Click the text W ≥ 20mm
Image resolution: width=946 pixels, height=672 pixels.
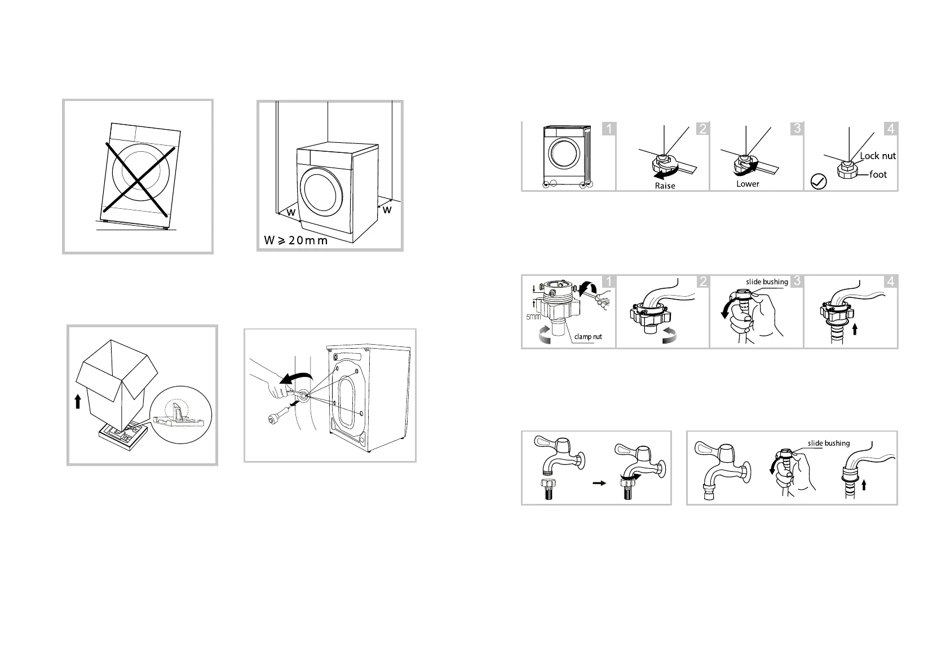click(x=295, y=240)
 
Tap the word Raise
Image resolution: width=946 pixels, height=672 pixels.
click(x=665, y=186)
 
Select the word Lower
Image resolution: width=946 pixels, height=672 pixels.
click(x=748, y=184)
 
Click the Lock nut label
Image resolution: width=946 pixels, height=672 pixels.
click(x=878, y=156)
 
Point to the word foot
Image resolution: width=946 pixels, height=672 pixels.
click(x=878, y=174)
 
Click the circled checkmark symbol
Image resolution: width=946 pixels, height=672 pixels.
click(x=819, y=182)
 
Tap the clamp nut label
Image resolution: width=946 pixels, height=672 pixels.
click(x=588, y=337)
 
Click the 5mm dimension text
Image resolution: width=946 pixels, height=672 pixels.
click(x=533, y=317)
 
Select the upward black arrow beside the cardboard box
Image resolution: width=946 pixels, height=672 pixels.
click(x=78, y=402)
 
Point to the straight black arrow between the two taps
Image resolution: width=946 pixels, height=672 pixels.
click(x=599, y=482)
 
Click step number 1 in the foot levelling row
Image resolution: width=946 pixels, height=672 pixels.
click(x=608, y=129)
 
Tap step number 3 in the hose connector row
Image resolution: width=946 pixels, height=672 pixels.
click(x=797, y=281)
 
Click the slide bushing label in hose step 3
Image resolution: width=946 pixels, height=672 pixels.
click(x=767, y=282)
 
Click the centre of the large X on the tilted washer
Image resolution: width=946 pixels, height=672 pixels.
click(x=139, y=179)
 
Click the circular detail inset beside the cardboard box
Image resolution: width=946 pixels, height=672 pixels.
click(x=181, y=415)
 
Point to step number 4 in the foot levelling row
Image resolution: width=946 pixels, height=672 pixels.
click(x=891, y=129)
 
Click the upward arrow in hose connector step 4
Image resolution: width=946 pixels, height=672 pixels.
click(x=855, y=330)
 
